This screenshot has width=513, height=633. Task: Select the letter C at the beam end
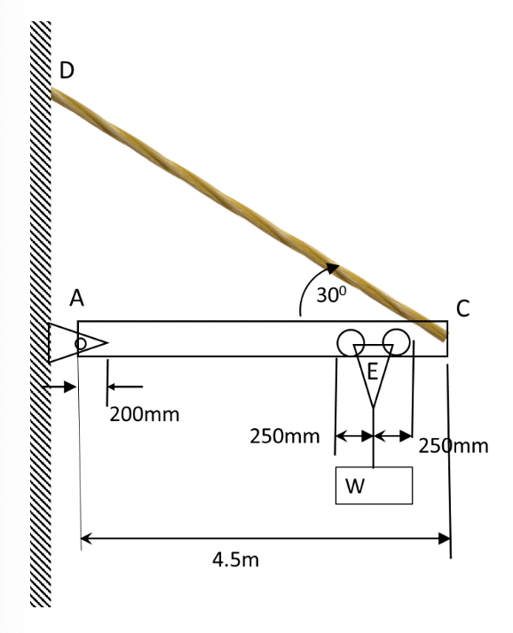[462, 308]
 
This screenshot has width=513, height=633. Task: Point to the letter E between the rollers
[374, 371]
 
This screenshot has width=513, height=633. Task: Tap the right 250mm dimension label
[453, 445]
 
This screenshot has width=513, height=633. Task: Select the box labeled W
[374, 485]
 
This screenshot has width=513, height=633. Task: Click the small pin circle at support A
[81, 343]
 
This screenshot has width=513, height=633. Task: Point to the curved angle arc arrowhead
[333, 266]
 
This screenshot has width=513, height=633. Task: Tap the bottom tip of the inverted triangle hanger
[374, 407]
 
